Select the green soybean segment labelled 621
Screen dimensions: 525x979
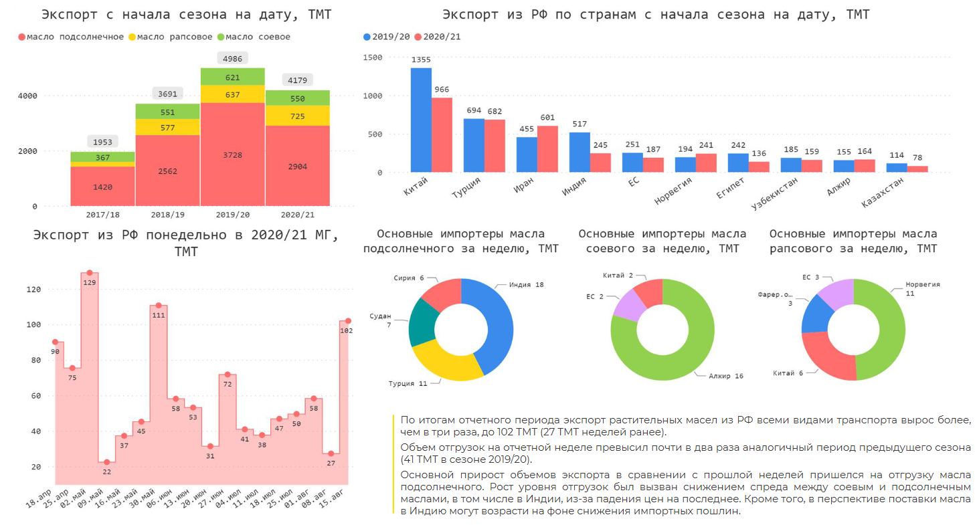(232, 77)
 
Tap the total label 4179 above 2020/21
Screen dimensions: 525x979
(297, 81)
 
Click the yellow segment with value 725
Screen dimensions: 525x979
(297, 116)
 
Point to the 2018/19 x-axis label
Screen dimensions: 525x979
(167, 215)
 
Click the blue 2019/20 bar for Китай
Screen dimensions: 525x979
(421, 120)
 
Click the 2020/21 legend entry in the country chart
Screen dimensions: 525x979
(438, 37)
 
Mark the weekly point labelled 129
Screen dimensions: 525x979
(90, 273)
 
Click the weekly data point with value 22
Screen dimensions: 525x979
(107, 462)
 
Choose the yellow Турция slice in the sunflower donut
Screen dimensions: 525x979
(445, 364)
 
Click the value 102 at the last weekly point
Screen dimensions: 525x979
(347, 330)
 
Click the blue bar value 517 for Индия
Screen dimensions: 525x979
(579, 124)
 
